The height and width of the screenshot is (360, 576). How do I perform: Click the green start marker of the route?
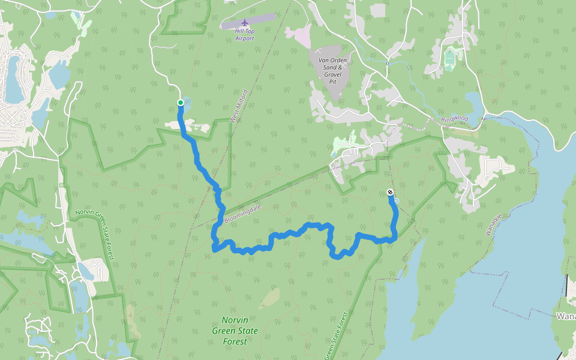(x=180, y=103)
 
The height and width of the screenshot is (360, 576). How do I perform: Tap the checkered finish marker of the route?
(x=391, y=193)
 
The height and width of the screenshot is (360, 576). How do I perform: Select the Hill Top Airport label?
(x=245, y=34)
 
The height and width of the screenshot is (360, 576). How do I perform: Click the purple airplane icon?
(x=245, y=23)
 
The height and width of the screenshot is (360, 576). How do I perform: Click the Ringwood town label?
(x=454, y=119)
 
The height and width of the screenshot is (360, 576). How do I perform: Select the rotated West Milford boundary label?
(x=238, y=106)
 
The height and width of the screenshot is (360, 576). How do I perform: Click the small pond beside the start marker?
(x=187, y=105)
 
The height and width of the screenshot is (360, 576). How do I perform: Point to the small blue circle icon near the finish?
(x=396, y=201)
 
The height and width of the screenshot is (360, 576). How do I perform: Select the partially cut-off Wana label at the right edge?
(x=565, y=316)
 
